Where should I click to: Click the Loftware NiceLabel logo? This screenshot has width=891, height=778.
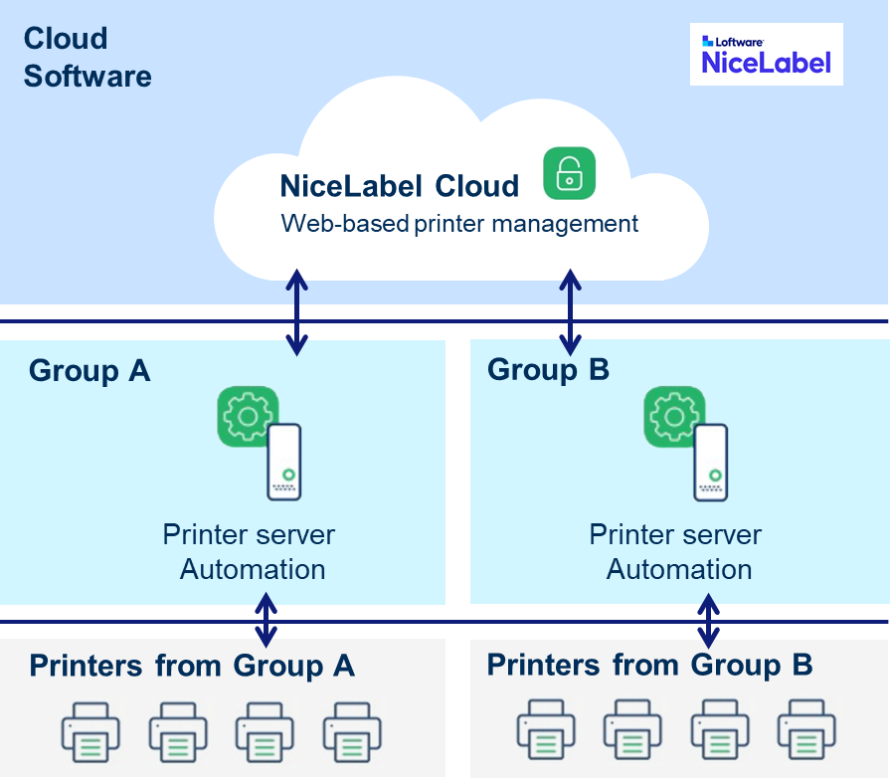766,55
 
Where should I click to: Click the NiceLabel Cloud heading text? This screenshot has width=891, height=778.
400,186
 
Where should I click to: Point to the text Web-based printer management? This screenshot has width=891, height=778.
459,223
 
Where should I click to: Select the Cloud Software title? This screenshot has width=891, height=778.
88,58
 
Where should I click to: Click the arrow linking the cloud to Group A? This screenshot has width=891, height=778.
296,311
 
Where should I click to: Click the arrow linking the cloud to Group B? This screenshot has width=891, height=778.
570,311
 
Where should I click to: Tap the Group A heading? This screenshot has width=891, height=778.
89,371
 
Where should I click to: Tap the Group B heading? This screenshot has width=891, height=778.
548,370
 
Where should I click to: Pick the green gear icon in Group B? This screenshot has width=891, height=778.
674,416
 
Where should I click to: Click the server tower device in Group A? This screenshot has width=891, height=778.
283,462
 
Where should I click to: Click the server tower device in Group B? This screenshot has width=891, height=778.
711,462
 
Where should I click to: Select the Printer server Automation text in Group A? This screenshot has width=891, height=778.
250,551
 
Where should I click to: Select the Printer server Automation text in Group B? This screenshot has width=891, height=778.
676,551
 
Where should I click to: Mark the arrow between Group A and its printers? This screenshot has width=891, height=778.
266,619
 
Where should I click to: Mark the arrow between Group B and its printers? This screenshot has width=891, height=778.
708,619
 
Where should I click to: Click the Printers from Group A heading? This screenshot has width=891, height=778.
192,666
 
